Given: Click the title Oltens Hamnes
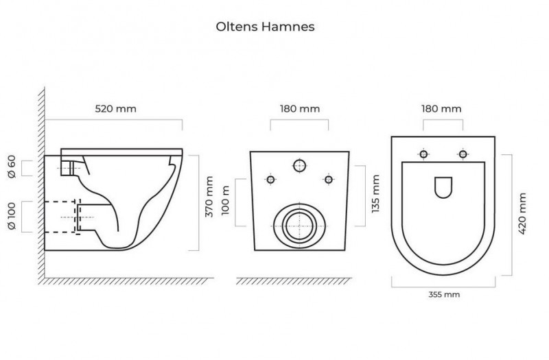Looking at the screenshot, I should click(265, 27).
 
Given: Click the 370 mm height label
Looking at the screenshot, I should click(210, 197).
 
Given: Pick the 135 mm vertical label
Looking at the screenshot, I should click(375, 195).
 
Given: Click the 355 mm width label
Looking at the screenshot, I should click(443, 295).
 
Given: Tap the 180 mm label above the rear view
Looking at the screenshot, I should click(300, 108).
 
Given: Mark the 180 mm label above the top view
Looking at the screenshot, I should click(442, 108).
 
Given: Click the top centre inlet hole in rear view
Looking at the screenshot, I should click(299, 165).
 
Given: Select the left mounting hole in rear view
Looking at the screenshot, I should click(270, 180).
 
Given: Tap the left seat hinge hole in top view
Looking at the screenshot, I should click(424, 154).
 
